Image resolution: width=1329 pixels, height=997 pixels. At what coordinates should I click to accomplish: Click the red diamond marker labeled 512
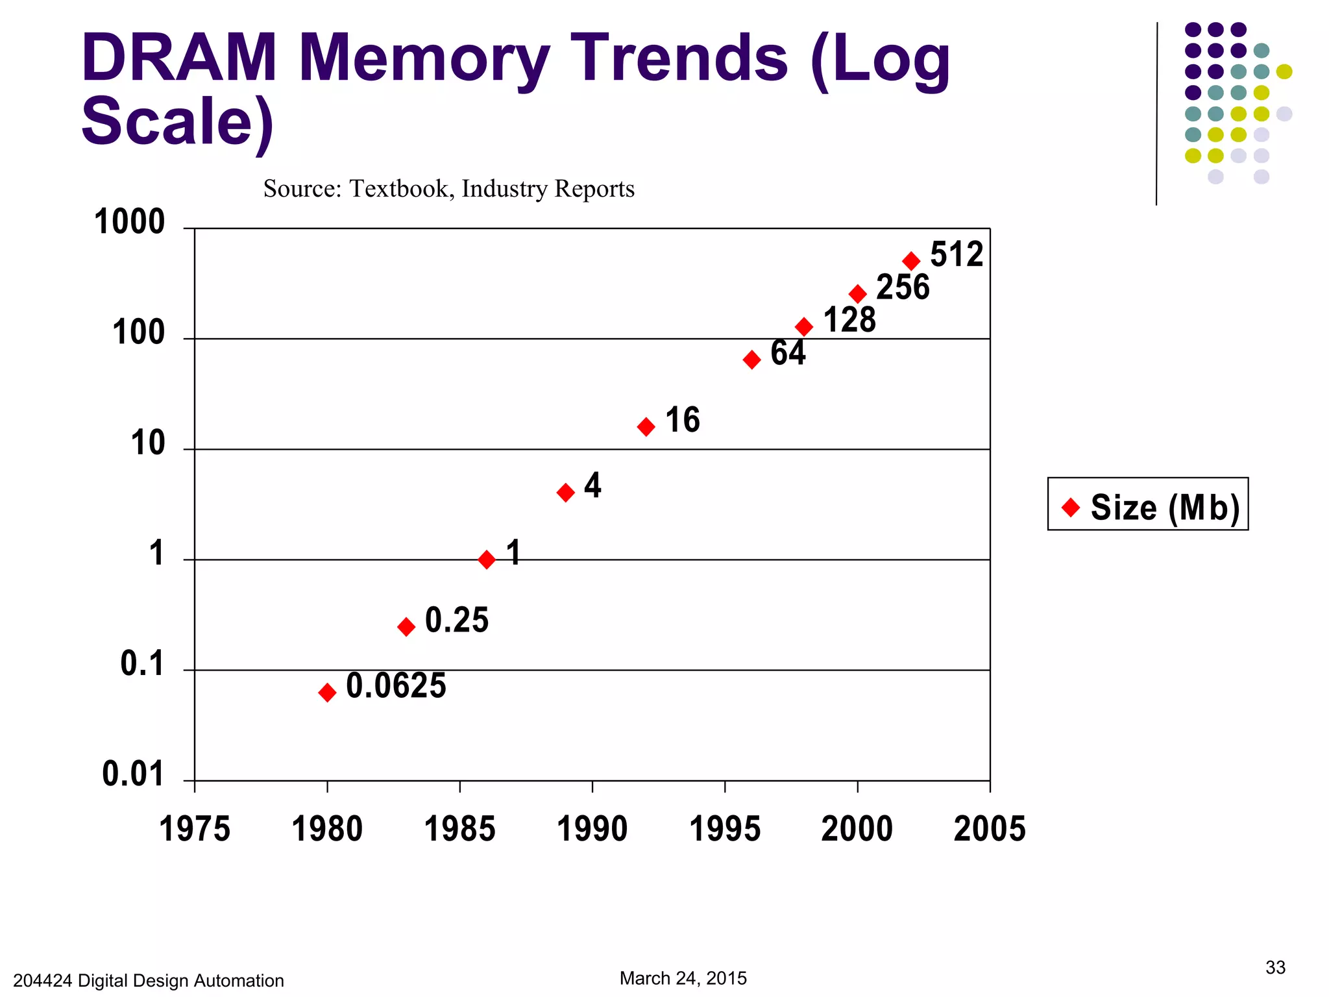[x=911, y=261]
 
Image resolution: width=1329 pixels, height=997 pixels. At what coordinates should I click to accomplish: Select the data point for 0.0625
[x=328, y=693]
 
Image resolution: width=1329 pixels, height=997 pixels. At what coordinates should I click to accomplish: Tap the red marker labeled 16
[x=646, y=426]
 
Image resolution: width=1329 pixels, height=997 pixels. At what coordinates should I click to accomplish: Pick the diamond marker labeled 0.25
[x=406, y=626]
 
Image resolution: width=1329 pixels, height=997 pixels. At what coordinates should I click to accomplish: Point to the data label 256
[x=903, y=287]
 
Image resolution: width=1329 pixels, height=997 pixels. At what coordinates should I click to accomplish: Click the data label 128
[x=849, y=320]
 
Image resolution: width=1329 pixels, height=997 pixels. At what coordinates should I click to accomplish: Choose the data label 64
[x=788, y=353]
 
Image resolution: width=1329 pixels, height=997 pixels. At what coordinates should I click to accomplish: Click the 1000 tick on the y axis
[x=130, y=222]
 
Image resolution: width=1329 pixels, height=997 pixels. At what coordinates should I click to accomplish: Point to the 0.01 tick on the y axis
[x=133, y=774]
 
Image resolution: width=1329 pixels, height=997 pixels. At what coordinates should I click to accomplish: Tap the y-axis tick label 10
[x=148, y=443]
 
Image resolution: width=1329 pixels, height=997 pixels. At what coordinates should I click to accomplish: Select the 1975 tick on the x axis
[x=195, y=829]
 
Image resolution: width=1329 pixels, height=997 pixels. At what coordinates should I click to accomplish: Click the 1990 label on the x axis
[x=592, y=829]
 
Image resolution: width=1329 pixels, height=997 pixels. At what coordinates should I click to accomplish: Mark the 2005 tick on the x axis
[x=990, y=829]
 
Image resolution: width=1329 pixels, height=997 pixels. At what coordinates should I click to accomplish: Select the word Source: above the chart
[x=302, y=189]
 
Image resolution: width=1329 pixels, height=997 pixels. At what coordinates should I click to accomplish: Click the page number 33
[x=1275, y=967]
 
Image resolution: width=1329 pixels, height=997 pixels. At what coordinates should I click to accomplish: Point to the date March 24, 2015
[x=683, y=978]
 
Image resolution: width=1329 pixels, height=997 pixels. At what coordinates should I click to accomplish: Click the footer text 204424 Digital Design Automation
[x=149, y=980]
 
